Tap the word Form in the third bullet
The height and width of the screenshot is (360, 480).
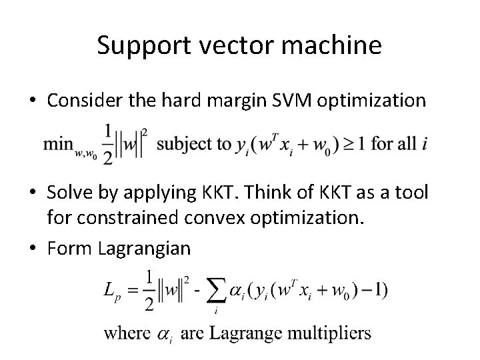(x=69, y=248)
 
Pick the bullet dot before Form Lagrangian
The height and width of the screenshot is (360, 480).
(x=39, y=248)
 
